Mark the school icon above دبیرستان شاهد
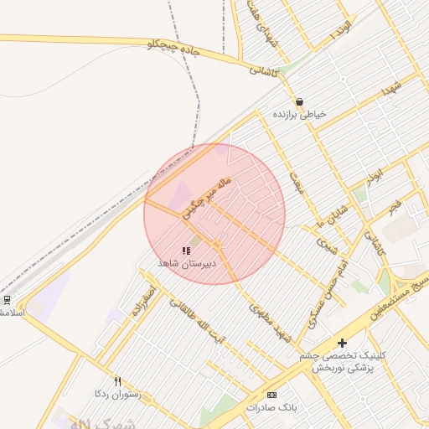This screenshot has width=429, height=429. click(186, 251)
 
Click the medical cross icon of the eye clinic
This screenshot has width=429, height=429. click(341, 343)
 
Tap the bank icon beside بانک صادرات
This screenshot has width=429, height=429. click(271, 395)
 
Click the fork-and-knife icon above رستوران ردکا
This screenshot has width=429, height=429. click(117, 381)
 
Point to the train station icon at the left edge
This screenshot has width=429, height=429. click(7, 299)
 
